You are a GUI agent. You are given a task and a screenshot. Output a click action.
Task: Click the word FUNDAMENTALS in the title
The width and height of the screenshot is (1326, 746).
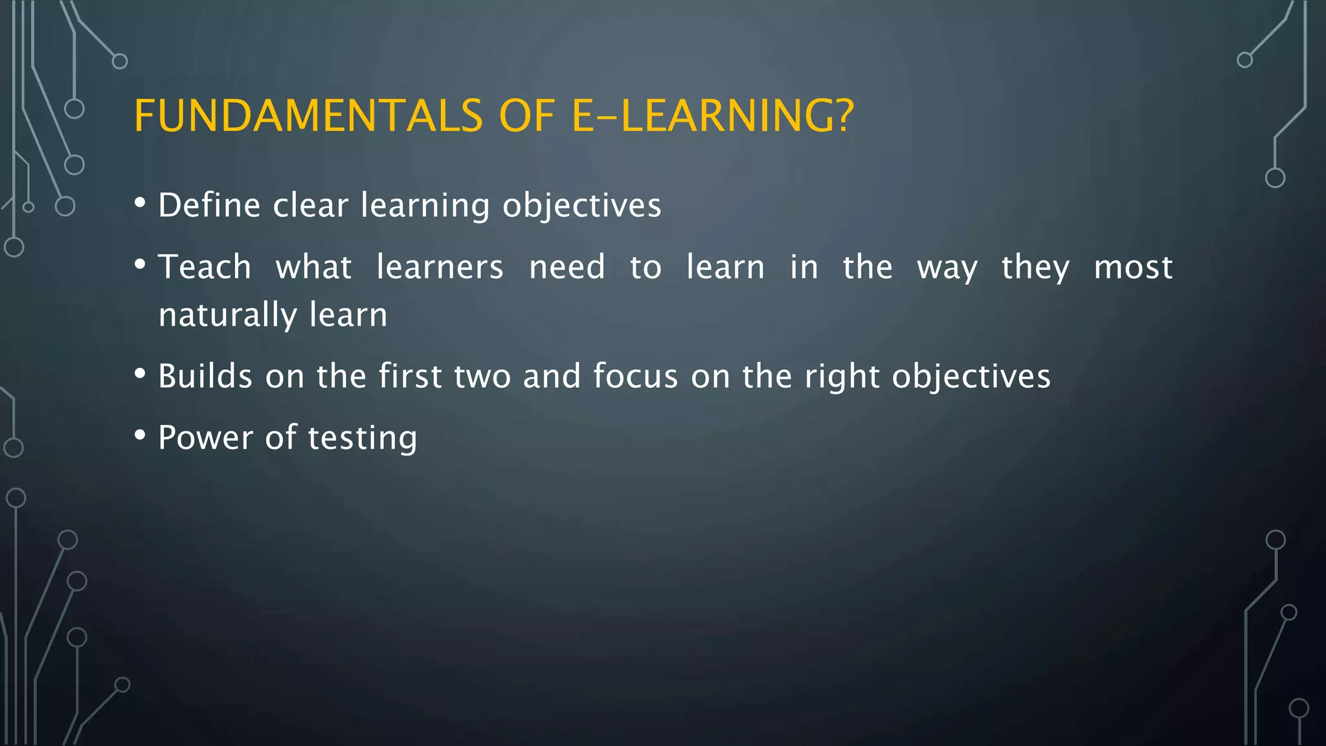click(x=308, y=117)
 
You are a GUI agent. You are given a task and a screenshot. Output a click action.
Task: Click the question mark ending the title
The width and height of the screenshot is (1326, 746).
click(x=841, y=117)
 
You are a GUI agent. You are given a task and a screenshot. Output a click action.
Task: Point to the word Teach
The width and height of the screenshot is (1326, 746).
click(x=205, y=267)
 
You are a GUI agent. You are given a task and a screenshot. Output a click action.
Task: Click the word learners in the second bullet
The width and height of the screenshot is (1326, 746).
click(x=440, y=267)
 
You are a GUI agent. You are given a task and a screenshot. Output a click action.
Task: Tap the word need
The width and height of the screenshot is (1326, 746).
click(x=567, y=267)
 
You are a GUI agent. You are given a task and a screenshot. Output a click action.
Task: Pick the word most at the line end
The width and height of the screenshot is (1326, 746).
click(x=1133, y=267)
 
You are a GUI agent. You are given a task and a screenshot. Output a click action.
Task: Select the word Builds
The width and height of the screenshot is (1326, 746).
click(x=205, y=376)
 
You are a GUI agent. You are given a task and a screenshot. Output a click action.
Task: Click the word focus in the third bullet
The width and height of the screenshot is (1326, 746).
click(x=635, y=376)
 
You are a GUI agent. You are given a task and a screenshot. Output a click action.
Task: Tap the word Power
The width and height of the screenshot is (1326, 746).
click(x=205, y=438)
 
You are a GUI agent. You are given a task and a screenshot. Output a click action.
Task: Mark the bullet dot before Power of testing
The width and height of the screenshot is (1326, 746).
click(x=140, y=435)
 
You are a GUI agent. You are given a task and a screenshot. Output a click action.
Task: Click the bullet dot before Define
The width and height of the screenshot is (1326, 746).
click(x=140, y=203)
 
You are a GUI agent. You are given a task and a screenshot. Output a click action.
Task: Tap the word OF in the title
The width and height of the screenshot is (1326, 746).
click(x=527, y=117)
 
